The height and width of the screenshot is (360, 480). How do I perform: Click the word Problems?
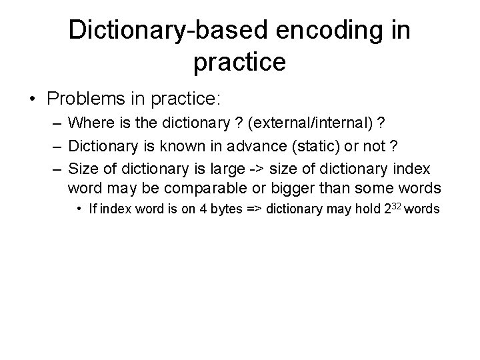click(x=85, y=99)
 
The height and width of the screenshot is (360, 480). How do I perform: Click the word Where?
click(x=89, y=123)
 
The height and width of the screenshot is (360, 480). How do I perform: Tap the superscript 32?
click(x=395, y=205)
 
